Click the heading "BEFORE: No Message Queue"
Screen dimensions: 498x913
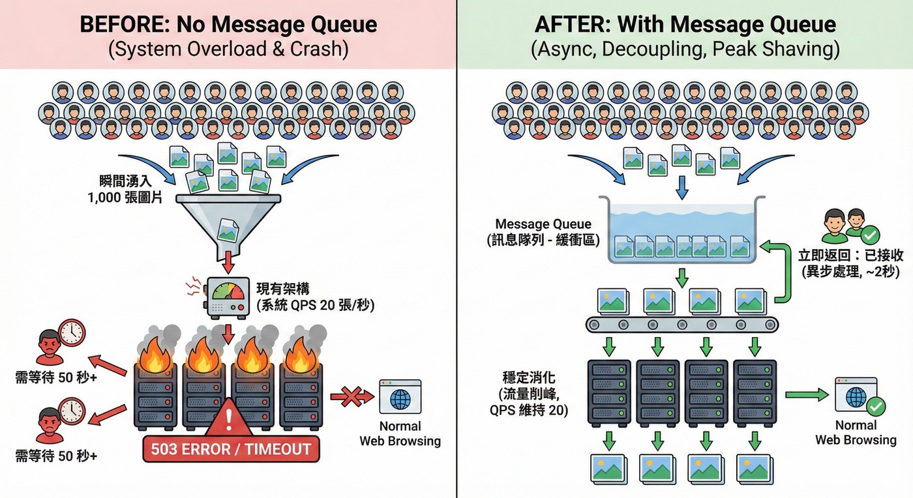coord(228,25)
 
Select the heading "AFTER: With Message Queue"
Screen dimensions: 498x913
coord(685,25)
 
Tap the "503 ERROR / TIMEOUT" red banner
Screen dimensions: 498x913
coord(232,449)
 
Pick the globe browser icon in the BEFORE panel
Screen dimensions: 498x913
coord(400,397)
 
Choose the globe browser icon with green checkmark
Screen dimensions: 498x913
coord(856,397)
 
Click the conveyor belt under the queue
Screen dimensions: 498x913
coord(682,324)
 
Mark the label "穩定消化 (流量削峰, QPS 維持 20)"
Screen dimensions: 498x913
coord(529,394)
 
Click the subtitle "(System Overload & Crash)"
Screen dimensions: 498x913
coord(228,50)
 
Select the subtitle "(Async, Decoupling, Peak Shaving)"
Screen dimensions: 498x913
coord(685,50)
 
